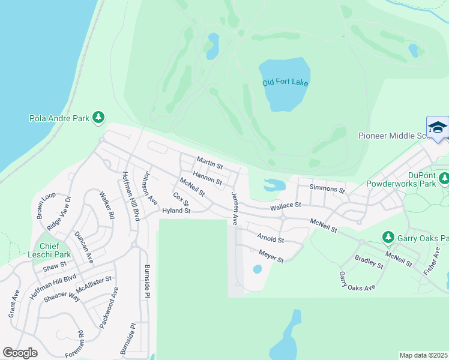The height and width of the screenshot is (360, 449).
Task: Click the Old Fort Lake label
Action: [x=285, y=82]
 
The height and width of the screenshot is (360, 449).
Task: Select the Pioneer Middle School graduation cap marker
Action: [x=438, y=128]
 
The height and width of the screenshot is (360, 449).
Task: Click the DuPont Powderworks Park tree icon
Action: [x=444, y=178]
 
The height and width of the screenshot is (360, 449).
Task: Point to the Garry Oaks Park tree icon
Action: [x=388, y=237]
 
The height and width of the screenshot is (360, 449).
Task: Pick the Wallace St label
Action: [x=285, y=205]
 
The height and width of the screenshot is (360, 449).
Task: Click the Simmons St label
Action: [x=327, y=189]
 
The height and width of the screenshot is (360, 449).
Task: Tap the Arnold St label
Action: [x=270, y=238]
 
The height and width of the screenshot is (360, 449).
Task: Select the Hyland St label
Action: [x=176, y=211]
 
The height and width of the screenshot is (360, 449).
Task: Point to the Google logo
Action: [x=20, y=353]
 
